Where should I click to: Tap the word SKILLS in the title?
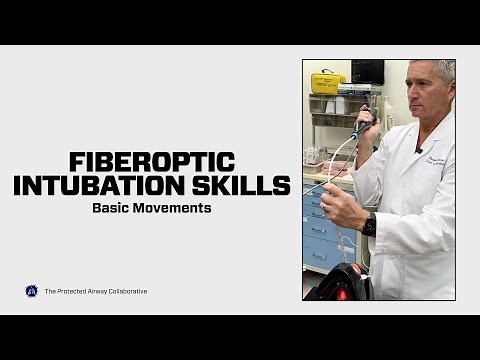coord(248,185)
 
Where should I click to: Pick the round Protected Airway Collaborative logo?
coord(31,291)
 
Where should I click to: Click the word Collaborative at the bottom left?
coord(125,291)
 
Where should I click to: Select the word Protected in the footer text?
coord(67,291)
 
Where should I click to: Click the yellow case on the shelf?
coord(326,82)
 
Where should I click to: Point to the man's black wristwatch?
coord(370,223)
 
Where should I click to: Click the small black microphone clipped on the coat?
coord(418,150)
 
